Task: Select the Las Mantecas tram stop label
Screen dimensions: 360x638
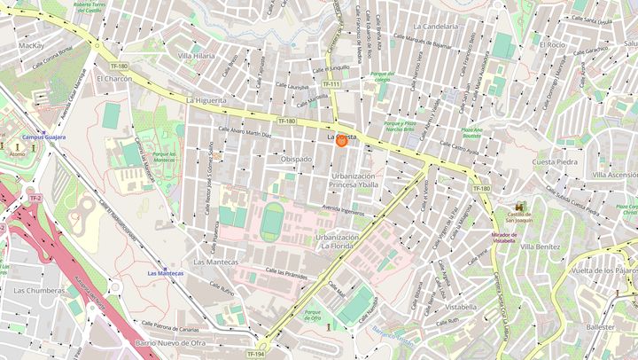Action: pyautogui.click(x=166, y=273)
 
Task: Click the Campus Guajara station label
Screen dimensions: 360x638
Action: pyautogui.click(x=44, y=137)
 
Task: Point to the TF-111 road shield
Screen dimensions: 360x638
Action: pyautogui.click(x=331, y=84)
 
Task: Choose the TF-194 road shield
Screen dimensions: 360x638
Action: pyautogui.click(x=255, y=354)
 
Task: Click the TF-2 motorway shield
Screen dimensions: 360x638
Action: pyautogui.click(x=35, y=198)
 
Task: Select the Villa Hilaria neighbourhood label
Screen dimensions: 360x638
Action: pyautogui.click(x=196, y=55)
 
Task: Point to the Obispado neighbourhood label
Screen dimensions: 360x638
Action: pyautogui.click(x=296, y=160)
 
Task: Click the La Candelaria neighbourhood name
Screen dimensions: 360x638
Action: pyautogui.click(x=436, y=27)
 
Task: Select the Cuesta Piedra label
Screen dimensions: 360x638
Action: pyautogui.click(x=555, y=162)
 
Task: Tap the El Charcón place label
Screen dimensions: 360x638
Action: pyautogui.click(x=113, y=78)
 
